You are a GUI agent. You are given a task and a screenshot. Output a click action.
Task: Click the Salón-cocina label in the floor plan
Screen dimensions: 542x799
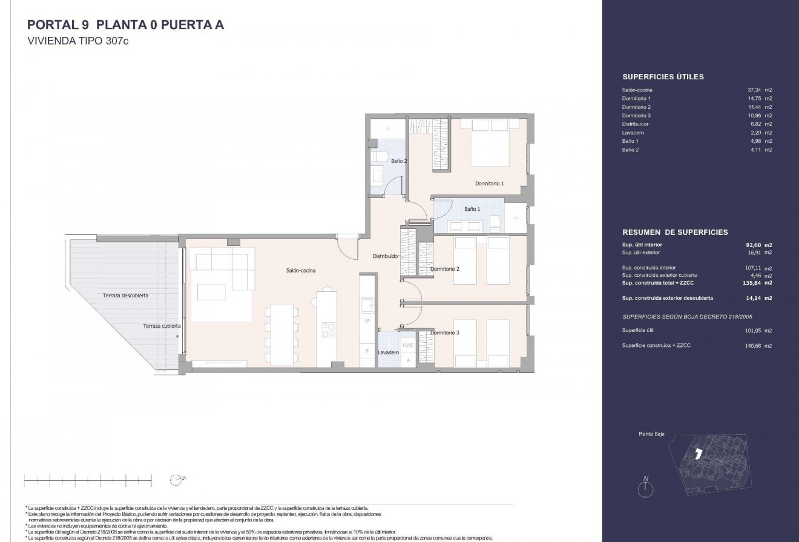pyautogui.click(x=301, y=271)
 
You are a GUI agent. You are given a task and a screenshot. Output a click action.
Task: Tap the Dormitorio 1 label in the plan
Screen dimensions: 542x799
pyautogui.click(x=489, y=183)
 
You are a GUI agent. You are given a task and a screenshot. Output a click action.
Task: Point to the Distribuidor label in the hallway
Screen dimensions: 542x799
pyautogui.click(x=386, y=256)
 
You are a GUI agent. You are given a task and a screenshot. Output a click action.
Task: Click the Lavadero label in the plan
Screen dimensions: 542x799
pyautogui.click(x=388, y=352)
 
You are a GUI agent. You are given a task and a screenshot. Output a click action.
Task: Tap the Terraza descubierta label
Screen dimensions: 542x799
pyautogui.click(x=126, y=296)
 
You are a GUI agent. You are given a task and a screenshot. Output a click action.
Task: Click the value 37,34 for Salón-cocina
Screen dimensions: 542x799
pyautogui.click(x=754, y=90)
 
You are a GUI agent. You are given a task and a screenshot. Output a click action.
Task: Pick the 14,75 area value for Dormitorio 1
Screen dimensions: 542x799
pyautogui.click(x=754, y=98)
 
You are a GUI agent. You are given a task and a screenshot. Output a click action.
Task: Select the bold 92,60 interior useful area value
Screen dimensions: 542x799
pyautogui.click(x=753, y=245)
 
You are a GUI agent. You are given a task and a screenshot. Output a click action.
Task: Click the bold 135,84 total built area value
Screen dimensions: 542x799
pyautogui.click(x=752, y=283)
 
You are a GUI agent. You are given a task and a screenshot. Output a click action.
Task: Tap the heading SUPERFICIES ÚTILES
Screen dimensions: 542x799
pyautogui.click(x=663, y=77)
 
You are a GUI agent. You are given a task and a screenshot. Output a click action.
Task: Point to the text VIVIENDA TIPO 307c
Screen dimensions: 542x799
pyautogui.click(x=79, y=42)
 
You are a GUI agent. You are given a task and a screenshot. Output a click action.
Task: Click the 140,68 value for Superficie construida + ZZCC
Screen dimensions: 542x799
pyautogui.click(x=753, y=345)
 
